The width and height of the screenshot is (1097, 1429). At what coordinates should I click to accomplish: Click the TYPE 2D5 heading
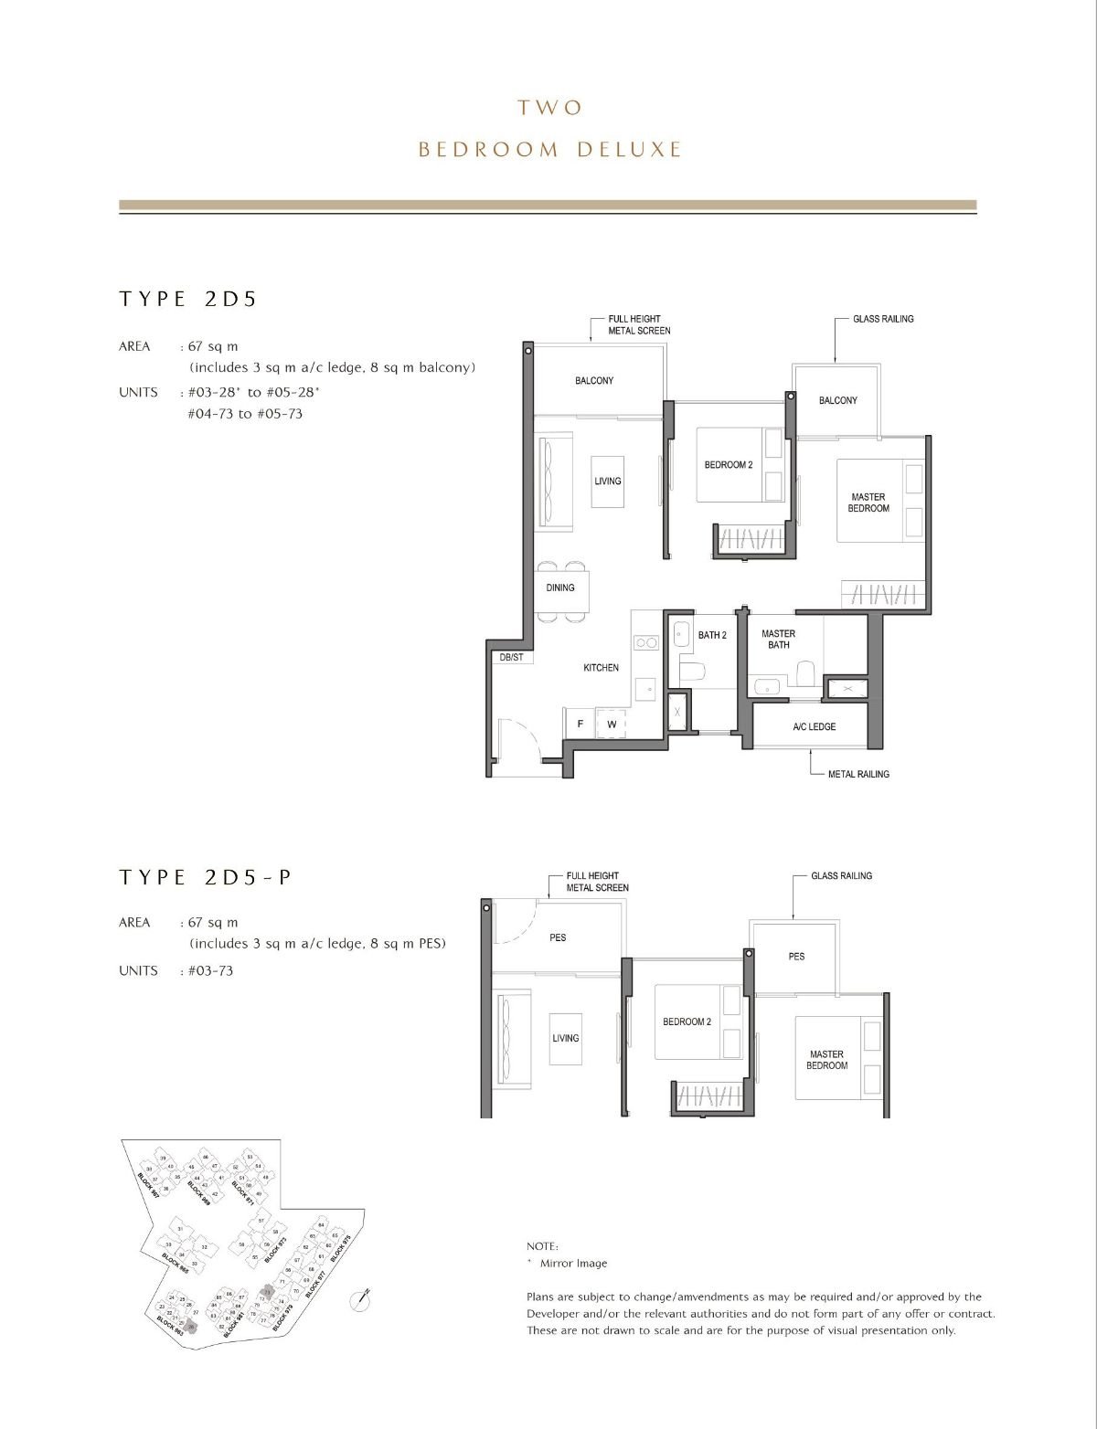[x=187, y=299]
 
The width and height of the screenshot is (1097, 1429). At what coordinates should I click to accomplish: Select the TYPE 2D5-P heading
[x=206, y=877]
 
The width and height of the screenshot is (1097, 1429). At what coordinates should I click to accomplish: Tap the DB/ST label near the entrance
[x=511, y=657]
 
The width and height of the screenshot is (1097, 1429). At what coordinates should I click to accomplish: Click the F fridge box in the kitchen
[x=580, y=725]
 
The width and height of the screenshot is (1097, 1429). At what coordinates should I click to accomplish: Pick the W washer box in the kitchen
[x=611, y=725]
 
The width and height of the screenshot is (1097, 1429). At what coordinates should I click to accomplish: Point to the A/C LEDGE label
[x=814, y=726]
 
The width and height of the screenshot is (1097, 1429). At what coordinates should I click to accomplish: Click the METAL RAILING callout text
[x=857, y=774]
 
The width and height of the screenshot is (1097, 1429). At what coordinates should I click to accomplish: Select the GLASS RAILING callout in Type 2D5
[x=882, y=319]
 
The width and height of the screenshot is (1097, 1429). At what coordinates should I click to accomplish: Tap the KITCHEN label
[x=601, y=668]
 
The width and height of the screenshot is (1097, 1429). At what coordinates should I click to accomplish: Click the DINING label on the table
[x=560, y=587]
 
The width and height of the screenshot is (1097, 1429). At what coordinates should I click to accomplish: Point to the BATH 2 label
[x=712, y=635]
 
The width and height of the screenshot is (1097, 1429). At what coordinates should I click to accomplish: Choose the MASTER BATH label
[x=778, y=639]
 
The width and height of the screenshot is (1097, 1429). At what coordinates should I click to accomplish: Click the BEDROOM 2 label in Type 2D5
[x=728, y=465]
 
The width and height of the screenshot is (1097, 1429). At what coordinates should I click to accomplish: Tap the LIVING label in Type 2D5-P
[x=565, y=1038]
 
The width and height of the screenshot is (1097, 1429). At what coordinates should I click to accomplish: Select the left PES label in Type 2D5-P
[x=558, y=937]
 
